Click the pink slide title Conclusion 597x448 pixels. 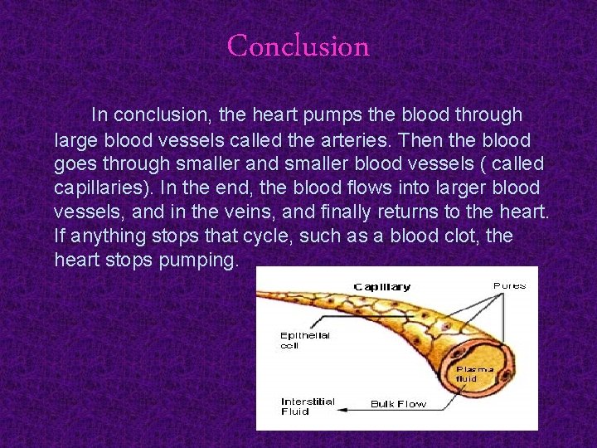[x=298, y=46]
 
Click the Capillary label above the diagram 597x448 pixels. [x=382, y=287]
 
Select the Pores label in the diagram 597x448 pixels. [x=509, y=285]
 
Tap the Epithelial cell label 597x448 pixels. [x=304, y=340]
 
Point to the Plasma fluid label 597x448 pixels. [x=475, y=373]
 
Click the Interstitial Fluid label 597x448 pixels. [x=308, y=406]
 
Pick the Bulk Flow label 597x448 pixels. [x=398, y=405]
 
